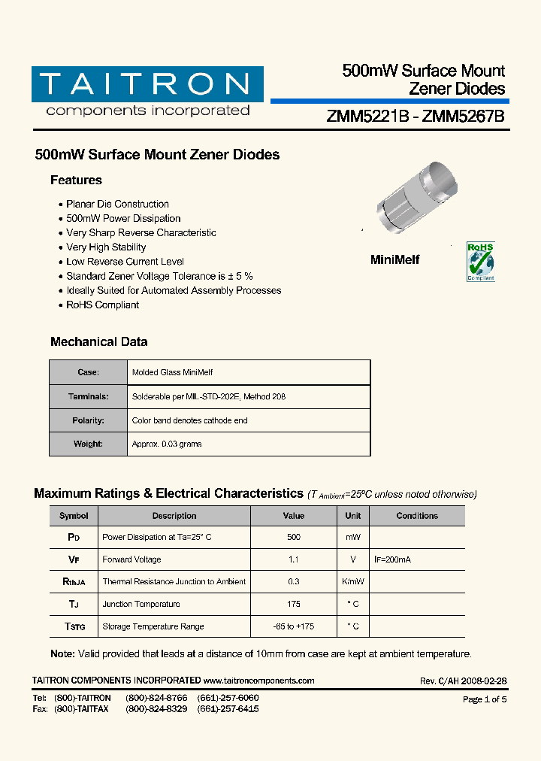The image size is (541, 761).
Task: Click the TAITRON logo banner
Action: tap(147, 84)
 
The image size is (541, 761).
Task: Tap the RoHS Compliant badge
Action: tap(481, 262)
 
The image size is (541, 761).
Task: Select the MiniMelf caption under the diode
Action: tap(395, 260)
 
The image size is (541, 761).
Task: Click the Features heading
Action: tap(76, 180)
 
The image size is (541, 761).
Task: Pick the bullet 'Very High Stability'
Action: tap(106, 247)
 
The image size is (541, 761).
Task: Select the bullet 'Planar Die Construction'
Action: tap(117, 205)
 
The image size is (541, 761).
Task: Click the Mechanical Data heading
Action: tap(98, 342)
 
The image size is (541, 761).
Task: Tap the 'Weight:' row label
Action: tap(88, 444)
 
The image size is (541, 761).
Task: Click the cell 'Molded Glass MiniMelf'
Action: tap(172, 373)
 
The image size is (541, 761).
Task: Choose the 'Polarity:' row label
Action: tap(88, 421)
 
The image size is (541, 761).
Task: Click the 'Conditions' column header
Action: tap(417, 516)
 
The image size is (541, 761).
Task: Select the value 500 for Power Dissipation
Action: tap(294, 538)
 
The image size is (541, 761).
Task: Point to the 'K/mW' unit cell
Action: tap(353, 582)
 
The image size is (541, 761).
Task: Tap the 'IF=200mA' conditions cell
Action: tap(392, 560)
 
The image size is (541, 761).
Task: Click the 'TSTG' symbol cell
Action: tap(74, 626)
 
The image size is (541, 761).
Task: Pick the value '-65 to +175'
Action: tap(294, 626)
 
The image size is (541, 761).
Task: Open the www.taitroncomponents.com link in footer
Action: tap(258, 681)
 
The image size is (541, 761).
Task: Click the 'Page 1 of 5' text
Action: tap(485, 699)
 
